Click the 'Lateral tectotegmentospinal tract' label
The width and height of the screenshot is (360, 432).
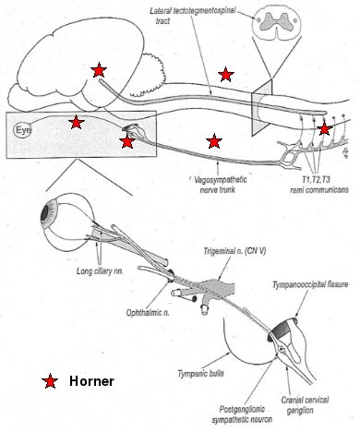(193, 16)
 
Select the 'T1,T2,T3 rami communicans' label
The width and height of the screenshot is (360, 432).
(319, 184)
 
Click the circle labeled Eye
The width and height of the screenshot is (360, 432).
(22, 130)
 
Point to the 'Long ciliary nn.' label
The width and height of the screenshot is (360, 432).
(100, 271)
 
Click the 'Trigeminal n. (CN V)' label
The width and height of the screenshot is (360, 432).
(234, 251)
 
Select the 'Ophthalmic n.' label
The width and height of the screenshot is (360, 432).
(148, 313)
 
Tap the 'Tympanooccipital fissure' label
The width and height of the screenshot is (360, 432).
(310, 284)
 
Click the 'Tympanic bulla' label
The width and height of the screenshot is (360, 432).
(200, 374)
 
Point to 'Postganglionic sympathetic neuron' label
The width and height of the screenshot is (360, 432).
(242, 414)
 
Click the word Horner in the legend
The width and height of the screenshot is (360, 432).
(91, 381)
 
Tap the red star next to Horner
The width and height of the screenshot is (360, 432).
(50, 381)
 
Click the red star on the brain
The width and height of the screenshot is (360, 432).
(99, 70)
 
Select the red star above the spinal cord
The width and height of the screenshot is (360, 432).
(226, 75)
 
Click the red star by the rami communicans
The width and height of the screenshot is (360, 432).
(325, 128)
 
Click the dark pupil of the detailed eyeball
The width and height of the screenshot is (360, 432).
(45, 213)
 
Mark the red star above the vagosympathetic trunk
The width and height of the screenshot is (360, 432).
(214, 141)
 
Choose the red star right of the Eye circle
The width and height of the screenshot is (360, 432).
(77, 122)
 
